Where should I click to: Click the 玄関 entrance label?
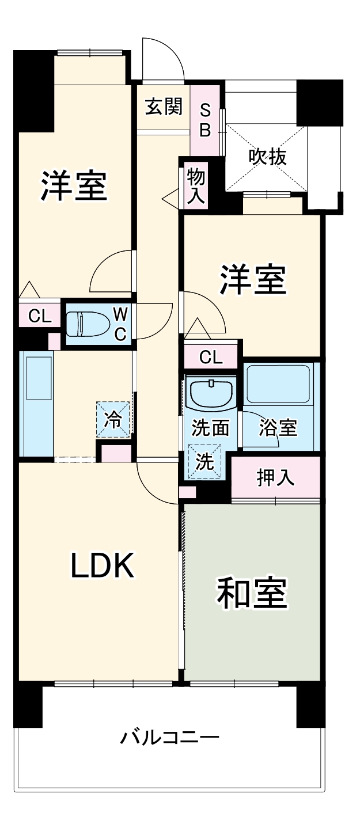164,107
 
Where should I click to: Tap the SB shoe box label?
205,120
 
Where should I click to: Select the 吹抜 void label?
267,157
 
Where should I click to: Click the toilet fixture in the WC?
88,324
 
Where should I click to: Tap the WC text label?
120,324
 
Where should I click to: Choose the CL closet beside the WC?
40,316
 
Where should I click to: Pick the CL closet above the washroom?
211,357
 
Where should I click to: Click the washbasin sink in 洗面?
211,394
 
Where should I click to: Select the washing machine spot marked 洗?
204,462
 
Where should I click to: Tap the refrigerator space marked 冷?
113,419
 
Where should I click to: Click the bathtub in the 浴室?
278,384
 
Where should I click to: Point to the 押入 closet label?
276,477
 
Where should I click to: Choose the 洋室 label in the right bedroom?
253,279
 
